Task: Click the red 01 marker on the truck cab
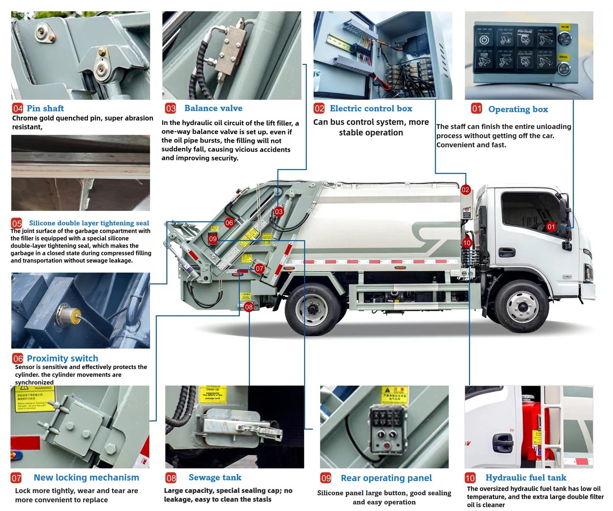551,226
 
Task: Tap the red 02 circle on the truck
465,190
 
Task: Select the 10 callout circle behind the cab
466,243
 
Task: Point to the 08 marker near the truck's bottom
249,307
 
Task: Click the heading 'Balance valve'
213,108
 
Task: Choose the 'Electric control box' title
370,108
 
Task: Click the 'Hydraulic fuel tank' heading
526,478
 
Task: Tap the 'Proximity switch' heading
62,358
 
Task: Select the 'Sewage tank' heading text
215,477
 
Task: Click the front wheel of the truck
522,306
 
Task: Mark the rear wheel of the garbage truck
313,309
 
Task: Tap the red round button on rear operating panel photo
387,446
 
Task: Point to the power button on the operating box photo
484,40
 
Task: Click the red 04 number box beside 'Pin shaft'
18,108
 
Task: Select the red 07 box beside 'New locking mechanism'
16,478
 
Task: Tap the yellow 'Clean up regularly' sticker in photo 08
213,395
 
